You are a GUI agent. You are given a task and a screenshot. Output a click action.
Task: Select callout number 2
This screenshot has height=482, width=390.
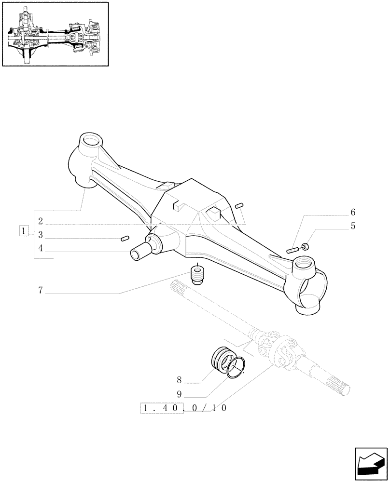(x=41, y=221)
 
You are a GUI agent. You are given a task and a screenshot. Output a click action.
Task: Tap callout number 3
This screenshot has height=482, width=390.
(x=41, y=235)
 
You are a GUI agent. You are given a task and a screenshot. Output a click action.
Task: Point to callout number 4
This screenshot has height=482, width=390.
(x=41, y=249)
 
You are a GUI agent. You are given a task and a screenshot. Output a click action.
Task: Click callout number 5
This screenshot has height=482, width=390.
(x=353, y=225)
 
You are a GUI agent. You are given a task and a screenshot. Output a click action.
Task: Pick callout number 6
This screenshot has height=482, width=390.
(x=353, y=212)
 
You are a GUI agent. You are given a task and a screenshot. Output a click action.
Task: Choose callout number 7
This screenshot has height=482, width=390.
(x=41, y=290)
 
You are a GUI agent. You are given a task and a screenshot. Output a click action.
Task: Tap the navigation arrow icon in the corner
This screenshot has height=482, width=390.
(x=371, y=462)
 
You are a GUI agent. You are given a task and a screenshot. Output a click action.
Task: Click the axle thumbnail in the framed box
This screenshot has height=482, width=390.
(x=55, y=34)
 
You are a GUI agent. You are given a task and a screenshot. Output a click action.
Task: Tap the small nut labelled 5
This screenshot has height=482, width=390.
(x=305, y=247)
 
